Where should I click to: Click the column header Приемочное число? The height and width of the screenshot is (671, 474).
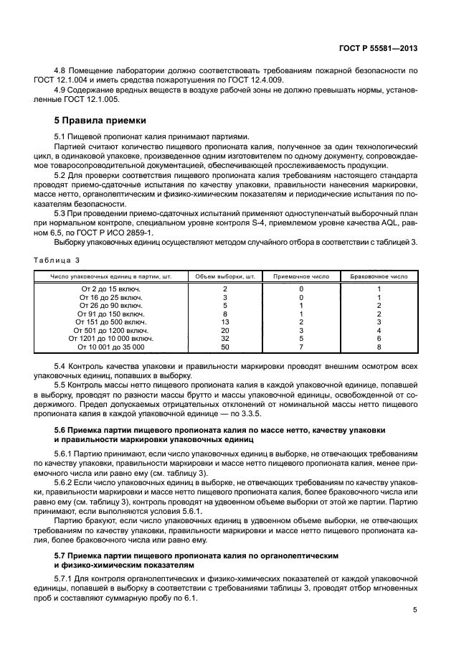click(x=301, y=276)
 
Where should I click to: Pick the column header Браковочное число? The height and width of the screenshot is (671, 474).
click(x=378, y=276)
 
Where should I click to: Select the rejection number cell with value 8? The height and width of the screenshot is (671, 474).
click(x=378, y=347)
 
